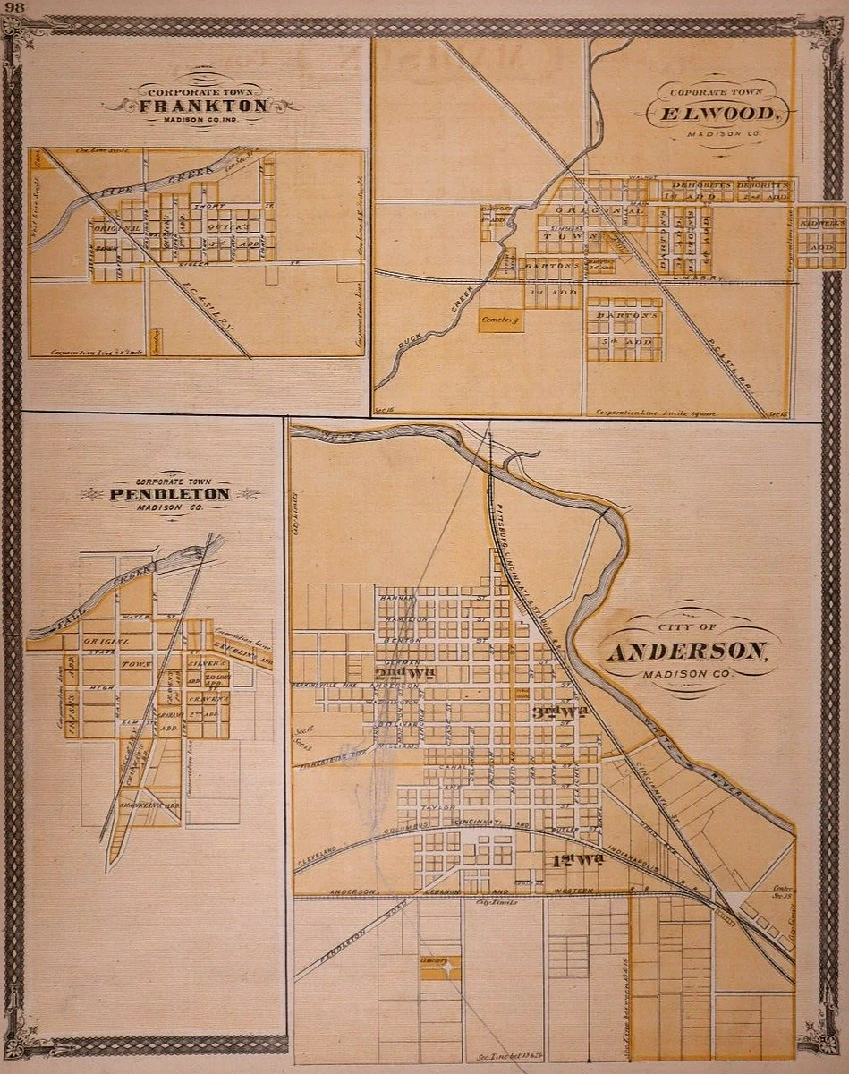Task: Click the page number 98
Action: pos(14,8)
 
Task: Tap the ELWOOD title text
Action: pos(716,115)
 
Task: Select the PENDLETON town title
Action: pos(170,494)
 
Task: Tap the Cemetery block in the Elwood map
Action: pos(501,321)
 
